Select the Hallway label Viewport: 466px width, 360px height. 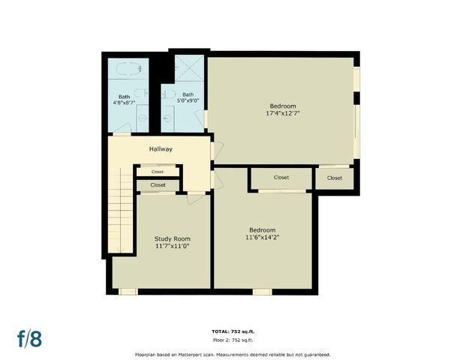coord(161,149)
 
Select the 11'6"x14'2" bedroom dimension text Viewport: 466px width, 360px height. coord(262,238)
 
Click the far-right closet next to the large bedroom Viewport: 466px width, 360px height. coord(334,178)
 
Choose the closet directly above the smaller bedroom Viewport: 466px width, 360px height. coord(281,178)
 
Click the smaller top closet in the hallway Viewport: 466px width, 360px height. coord(158,172)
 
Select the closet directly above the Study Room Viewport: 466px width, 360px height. coord(158,184)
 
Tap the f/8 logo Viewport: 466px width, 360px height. coord(30,338)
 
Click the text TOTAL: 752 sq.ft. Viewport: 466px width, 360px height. coord(233,331)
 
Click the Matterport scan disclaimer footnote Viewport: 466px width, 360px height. coord(233,354)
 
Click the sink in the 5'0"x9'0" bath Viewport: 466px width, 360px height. coord(168,118)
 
